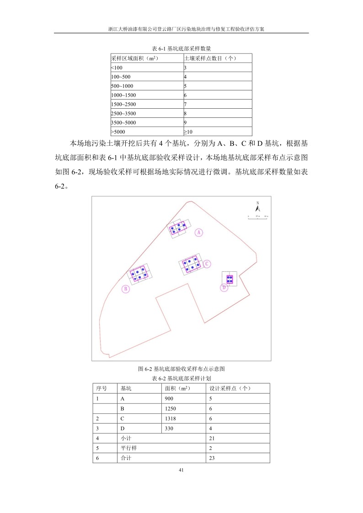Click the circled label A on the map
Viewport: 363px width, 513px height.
point(198,232)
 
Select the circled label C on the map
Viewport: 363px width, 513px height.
point(207,264)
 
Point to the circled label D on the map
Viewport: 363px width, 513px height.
point(224,287)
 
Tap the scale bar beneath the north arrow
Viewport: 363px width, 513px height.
point(258,216)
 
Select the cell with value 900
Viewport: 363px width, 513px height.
point(169,398)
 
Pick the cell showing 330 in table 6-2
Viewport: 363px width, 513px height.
point(169,428)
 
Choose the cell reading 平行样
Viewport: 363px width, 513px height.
point(128,448)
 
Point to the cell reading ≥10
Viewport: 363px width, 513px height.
point(188,132)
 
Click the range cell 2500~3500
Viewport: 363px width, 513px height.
point(123,113)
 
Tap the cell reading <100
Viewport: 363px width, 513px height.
point(117,68)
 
